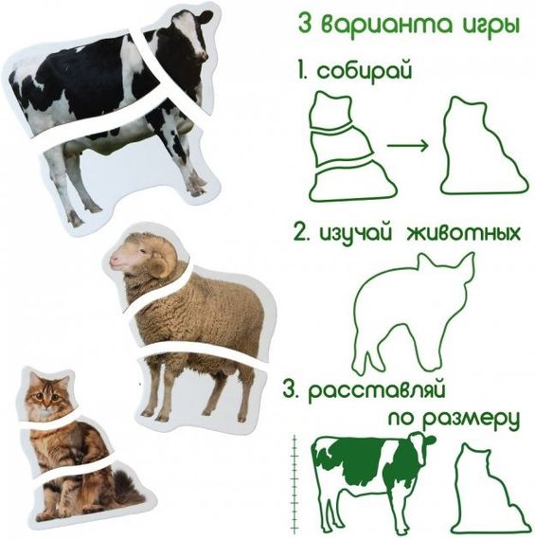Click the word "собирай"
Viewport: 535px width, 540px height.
coord(365,72)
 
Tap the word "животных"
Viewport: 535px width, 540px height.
coord(463,234)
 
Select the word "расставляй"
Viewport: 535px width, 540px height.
coord(377,392)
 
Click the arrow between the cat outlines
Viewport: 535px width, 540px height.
coord(407,145)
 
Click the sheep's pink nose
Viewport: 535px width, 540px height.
coord(114,260)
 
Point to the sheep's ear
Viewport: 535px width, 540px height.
coord(159,266)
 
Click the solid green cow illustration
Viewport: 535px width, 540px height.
coord(373,482)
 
